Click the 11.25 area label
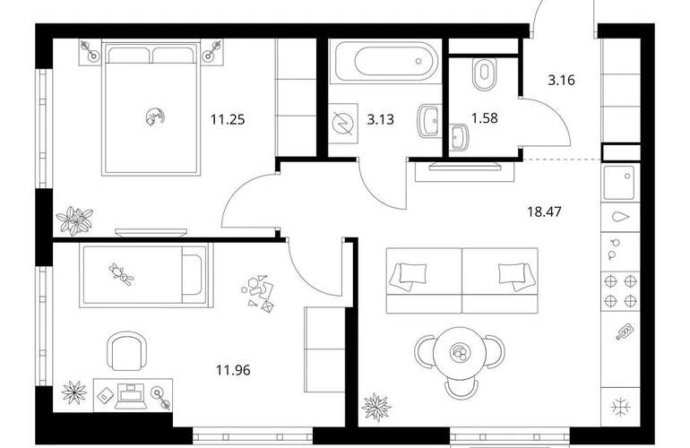pyautogui.click(x=228, y=119)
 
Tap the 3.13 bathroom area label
pyautogui.click(x=381, y=119)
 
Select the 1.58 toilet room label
pyautogui.click(x=485, y=118)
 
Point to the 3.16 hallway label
pyautogui.click(x=561, y=81)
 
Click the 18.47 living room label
pyautogui.click(x=544, y=211)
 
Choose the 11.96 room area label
pyautogui.click(x=233, y=370)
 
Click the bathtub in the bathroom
pyautogui.click(x=387, y=61)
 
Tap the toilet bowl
pyautogui.click(x=485, y=74)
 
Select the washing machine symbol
pyautogui.click(x=343, y=124)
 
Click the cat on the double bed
pyautogui.click(x=155, y=117)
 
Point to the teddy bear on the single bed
pyautogui.click(x=121, y=274)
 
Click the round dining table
pyautogui.click(x=460, y=353)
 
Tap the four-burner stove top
pyautogui.click(x=620, y=291)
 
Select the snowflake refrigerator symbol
pyautogui.click(x=621, y=407)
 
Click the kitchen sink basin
pyautogui.click(x=619, y=182)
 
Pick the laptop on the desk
pyautogui.click(x=130, y=395)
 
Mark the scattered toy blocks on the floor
pyautogui.click(x=258, y=293)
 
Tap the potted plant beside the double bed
pyautogui.click(x=74, y=220)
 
